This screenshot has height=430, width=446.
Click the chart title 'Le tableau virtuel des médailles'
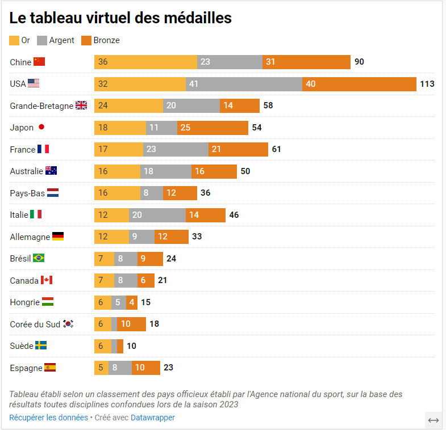point(120,18)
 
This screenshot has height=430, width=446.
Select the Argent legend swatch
point(42,40)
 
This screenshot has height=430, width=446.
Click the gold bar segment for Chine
point(145,62)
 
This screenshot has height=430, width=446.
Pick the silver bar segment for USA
point(244,84)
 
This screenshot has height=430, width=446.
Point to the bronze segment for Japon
point(212,128)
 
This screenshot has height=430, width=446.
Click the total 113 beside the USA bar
point(427,84)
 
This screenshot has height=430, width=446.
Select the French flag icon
point(43,149)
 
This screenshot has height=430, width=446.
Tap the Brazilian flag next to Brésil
point(39,258)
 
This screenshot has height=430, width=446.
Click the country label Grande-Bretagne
point(41,106)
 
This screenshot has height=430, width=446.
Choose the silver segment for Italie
point(157,215)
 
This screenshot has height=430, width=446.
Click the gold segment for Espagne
point(101,368)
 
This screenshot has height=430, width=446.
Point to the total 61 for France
point(276,149)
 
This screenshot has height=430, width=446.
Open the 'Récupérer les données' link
point(48,418)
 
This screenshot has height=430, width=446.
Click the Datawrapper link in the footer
point(153,418)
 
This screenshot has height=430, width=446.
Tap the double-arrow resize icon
point(434,420)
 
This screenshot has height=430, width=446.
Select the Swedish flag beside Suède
point(41,345)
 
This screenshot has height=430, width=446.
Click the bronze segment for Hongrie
point(132,302)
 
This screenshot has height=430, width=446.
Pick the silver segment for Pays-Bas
point(152,193)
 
